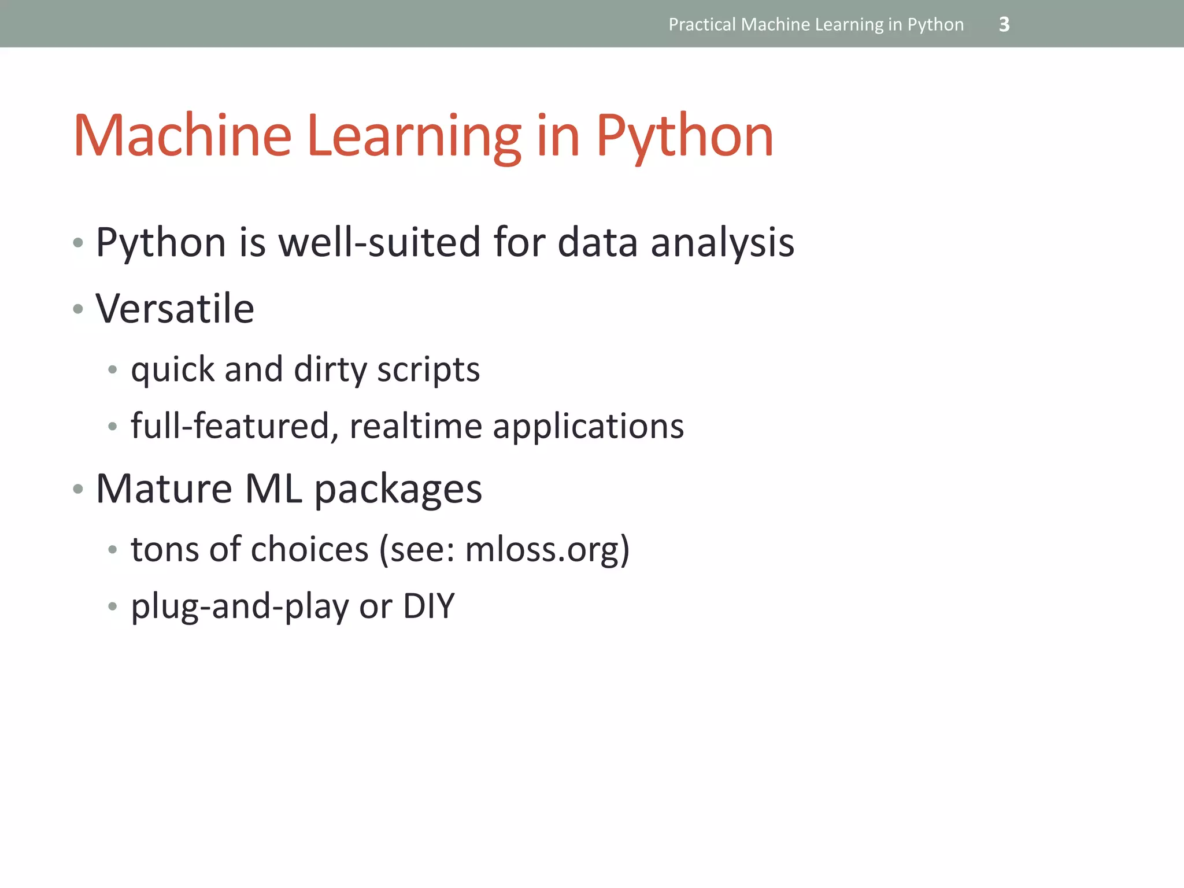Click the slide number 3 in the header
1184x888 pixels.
[1004, 24]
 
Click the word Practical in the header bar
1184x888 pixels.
[702, 24]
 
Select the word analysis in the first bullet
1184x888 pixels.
[722, 243]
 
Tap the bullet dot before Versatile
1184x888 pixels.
[78, 309]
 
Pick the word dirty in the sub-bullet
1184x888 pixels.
[330, 369]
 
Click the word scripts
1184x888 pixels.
[428, 369]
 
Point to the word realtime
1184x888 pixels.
[415, 426]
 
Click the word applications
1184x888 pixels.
[588, 427]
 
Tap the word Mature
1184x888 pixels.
[164, 489]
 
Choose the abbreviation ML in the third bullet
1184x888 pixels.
[273, 489]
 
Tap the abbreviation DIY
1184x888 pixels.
[429, 606]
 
